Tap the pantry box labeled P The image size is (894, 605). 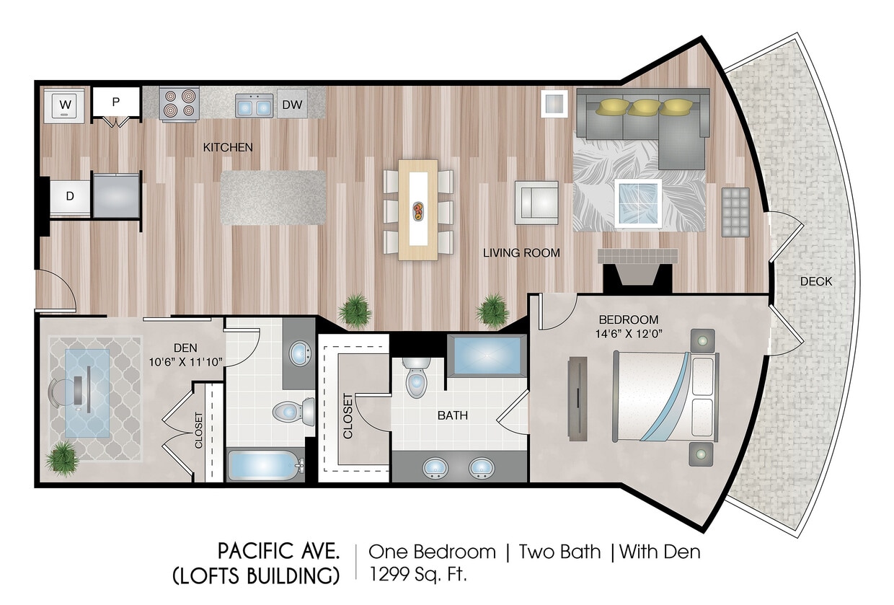pyautogui.click(x=115, y=102)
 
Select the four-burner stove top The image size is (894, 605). pyautogui.click(x=180, y=104)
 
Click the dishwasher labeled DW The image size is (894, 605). pyautogui.click(x=292, y=105)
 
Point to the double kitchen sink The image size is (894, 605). pyautogui.click(x=254, y=105)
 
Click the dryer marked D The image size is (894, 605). pyautogui.click(x=70, y=195)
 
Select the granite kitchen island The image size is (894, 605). pyautogui.click(x=273, y=197)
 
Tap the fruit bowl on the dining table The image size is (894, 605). pyautogui.click(x=417, y=211)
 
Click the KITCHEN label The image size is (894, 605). pyautogui.click(x=228, y=147)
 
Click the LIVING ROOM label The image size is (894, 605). pyautogui.click(x=521, y=253)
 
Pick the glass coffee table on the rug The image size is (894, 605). pyautogui.click(x=638, y=203)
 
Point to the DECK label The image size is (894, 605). pyautogui.click(x=815, y=281)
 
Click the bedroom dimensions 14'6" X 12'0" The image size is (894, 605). pyautogui.click(x=629, y=334)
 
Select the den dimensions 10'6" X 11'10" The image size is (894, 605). pyautogui.click(x=185, y=361)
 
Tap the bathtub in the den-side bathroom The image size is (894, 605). pyautogui.click(x=263, y=465)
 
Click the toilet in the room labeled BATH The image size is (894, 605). pyautogui.click(x=417, y=379)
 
